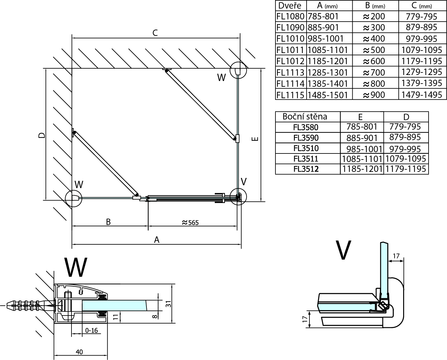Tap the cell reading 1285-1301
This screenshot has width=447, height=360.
pos(328,72)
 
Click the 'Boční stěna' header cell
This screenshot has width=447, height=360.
pos(305,117)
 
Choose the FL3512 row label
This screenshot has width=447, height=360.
pos(306,169)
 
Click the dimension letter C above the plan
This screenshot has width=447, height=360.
pos(155,33)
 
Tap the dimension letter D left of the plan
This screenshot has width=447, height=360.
pos(41,135)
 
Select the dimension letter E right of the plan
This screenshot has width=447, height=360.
pos(256,139)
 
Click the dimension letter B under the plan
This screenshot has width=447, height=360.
pos(108,221)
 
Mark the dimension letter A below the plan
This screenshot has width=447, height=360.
pos(156,240)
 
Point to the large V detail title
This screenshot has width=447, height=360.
pos(343,250)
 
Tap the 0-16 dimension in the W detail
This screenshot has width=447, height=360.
pos(91,330)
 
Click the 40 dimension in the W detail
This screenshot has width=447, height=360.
pos(79,352)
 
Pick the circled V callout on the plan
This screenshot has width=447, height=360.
pos(238,197)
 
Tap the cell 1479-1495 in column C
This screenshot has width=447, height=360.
pos(422,95)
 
